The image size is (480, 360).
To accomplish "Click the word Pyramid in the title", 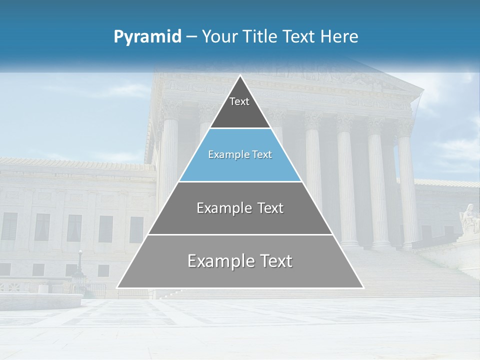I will [147, 37].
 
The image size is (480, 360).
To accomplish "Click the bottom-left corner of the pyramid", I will [118, 287].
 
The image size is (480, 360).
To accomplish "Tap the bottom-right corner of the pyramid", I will [362, 287].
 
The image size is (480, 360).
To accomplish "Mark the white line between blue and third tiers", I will [240, 181].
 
